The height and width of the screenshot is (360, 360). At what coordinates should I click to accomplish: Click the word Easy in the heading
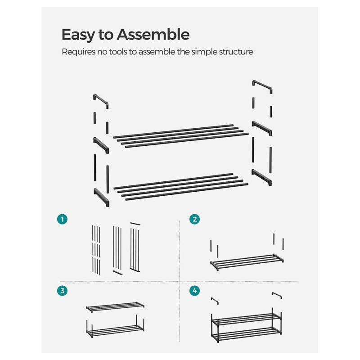tap(78, 35)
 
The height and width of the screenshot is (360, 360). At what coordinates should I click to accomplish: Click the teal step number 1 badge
tap(62, 219)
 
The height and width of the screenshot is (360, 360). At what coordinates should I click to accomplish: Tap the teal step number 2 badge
tap(195, 219)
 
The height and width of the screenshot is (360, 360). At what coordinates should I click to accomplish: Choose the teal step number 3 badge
tap(62, 291)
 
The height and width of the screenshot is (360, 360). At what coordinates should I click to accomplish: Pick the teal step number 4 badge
tap(195, 291)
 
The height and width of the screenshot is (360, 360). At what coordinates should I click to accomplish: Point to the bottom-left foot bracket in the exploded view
tap(102, 197)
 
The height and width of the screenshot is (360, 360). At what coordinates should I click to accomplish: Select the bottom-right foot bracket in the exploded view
tap(262, 177)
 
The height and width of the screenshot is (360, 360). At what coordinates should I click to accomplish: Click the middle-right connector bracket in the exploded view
tap(262, 128)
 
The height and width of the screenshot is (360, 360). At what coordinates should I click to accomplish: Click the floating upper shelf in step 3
tap(115, 307)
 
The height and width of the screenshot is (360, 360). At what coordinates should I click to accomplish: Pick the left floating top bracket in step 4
tap(215, 300)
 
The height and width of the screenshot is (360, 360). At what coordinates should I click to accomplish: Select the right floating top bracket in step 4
tap(277, 295)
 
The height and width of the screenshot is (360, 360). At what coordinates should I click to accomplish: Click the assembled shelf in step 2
tap(247, 261)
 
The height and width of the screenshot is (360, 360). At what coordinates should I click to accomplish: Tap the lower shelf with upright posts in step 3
tap(115, 327)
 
